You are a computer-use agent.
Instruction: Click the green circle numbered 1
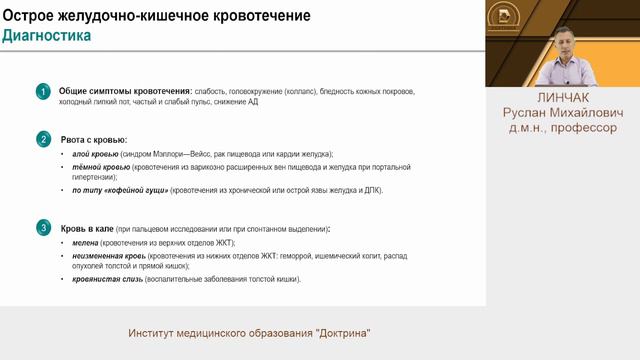click(x=43, y=92)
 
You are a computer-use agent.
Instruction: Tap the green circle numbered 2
click(x=43, y=139)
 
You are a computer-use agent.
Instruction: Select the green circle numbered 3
click(x=43, y=228)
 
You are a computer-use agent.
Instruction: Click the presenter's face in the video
click(x=566, y=46)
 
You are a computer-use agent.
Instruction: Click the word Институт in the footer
click(x=158, y=333)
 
